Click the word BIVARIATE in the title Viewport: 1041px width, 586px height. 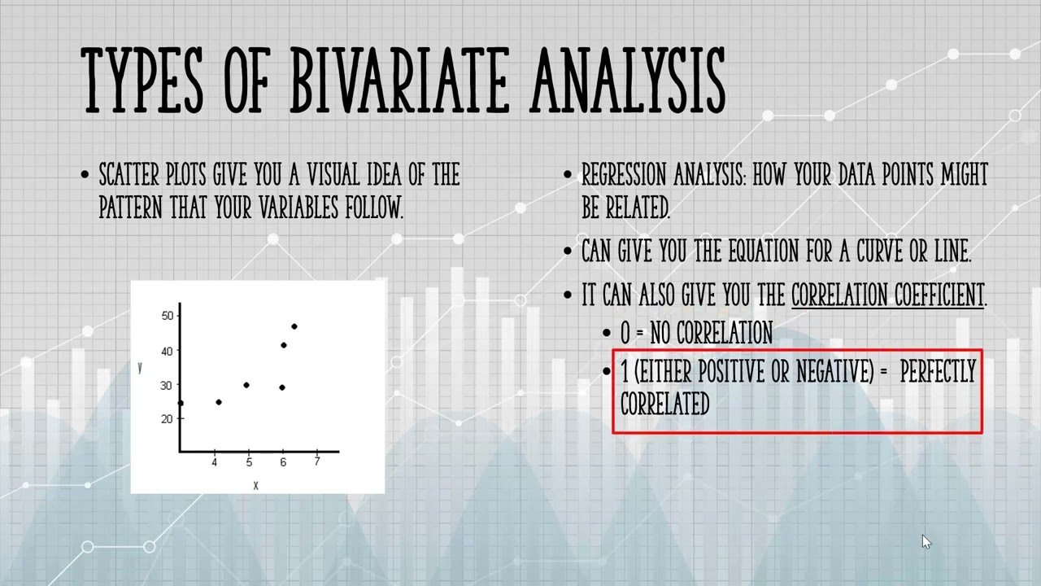point(399,80)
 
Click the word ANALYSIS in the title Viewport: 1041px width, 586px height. point(627,80)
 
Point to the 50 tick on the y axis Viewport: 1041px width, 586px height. point(168,316)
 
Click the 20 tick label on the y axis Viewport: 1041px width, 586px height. point(168,418)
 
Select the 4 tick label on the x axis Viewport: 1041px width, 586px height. point(215,462)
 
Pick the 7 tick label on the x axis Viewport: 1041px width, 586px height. point(317,462)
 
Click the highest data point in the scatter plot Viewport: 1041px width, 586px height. point(294,326)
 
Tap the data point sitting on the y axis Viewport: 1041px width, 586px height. point(180,403)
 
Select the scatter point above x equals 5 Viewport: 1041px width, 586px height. point(246,385)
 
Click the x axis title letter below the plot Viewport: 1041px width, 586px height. point(255,486)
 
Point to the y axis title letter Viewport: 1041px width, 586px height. point(140,368)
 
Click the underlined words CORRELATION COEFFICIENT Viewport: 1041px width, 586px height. point(887,295)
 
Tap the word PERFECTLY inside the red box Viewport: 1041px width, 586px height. point(937,373)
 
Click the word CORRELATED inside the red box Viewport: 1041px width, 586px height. point(664,404)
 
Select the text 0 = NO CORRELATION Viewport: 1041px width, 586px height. point(696,333)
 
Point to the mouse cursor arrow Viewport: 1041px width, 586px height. point(926,542)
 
